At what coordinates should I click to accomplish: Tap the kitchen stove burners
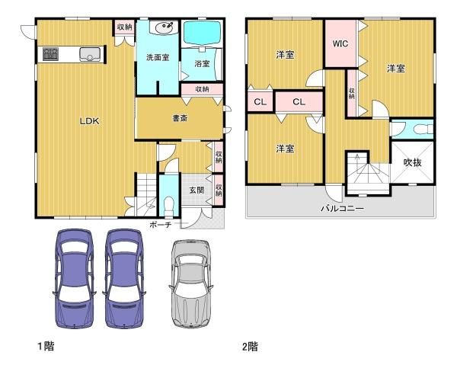[51, 54]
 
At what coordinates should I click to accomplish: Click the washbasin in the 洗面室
[162, 30]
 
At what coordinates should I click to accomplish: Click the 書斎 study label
[180, 118]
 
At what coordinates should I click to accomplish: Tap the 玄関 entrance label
[196, 190]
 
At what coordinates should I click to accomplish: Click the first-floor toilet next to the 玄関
[168, 203]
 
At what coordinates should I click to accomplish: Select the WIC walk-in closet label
[340, 44]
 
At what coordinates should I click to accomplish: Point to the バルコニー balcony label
[341, 207]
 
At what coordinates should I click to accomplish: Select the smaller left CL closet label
[260, 101]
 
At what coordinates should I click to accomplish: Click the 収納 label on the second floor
[352, 93]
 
